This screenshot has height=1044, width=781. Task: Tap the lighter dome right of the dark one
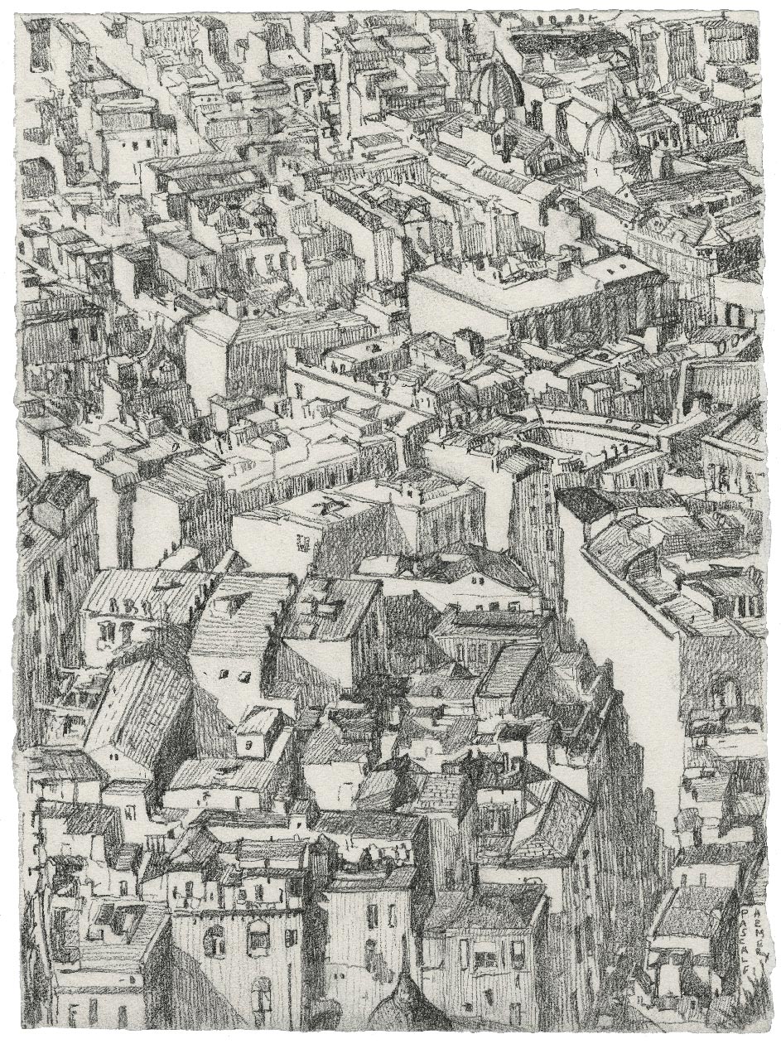point(611,138)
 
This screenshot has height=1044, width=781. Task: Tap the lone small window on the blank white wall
point(303,543)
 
